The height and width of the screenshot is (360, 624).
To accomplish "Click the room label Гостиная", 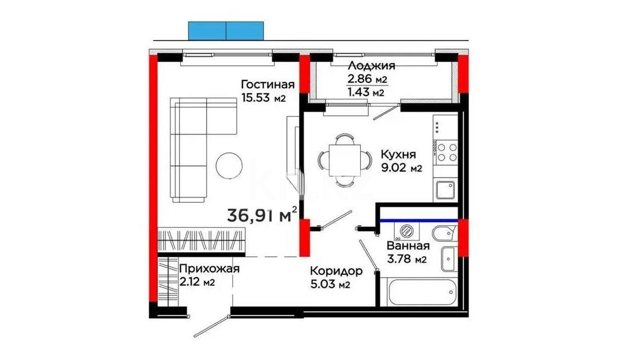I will [x=267, y=85].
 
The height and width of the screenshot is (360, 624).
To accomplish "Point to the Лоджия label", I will [x=371, y=66].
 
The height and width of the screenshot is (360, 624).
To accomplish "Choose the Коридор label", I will [x=336, y=271].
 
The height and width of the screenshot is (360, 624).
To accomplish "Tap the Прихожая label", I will [x=208, y=268].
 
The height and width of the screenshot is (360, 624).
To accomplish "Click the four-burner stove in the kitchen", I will [x=446, y=151].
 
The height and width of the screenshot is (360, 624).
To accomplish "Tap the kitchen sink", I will [x=446, y=189].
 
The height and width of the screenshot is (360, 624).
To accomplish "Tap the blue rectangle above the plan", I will [x=226, y=30].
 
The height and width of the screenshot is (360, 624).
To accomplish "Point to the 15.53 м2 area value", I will [x=263, y=98].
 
